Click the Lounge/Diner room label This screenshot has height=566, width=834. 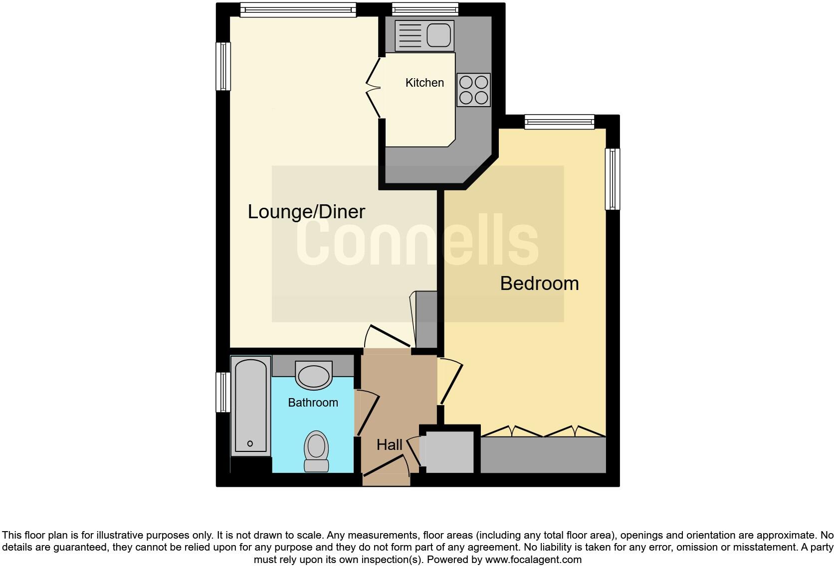pos(306,212)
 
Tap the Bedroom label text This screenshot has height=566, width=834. pos(539,283)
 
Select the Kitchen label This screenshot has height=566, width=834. pos(424,83)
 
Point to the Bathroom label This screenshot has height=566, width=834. pos(313,403)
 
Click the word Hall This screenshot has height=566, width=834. pos(389,445)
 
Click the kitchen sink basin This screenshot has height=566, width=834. pos(439,35)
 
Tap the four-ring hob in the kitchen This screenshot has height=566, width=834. pos(473,90)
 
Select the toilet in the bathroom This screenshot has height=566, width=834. pos(316,451)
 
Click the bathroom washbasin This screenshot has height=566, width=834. pos(314,375)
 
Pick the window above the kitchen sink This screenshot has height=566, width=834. pos(425,8)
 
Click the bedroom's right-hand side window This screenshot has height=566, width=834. pos(613,179)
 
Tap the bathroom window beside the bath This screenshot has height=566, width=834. pos(223,392)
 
